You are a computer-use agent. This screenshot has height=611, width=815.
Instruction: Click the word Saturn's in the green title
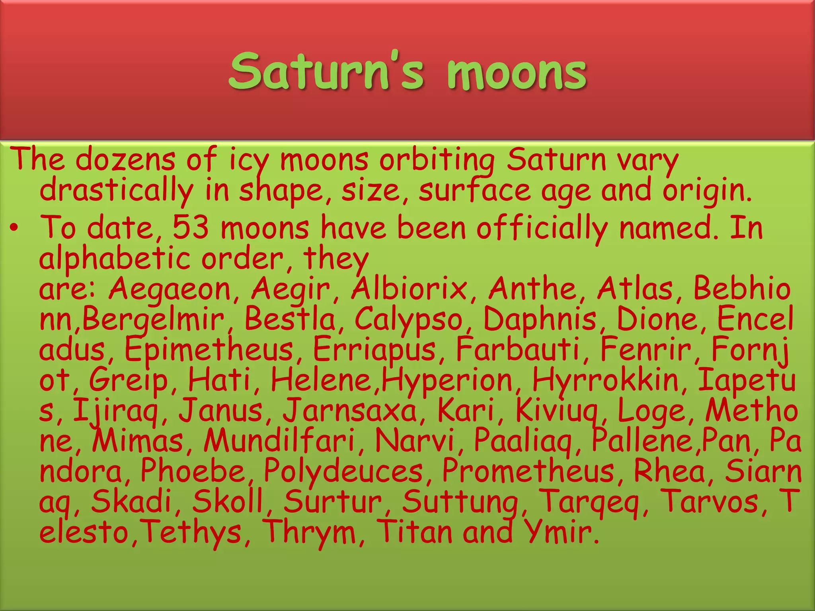click(x=326, y=72)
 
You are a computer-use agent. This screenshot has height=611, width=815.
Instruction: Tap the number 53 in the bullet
click(x=191, y=228)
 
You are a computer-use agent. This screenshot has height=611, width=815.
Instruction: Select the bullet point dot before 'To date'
click(x=14, y=228)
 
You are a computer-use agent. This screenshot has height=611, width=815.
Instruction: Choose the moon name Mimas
click(x=138, y=440)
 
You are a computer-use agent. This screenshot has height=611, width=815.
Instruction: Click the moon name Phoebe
click(x=193, y=471)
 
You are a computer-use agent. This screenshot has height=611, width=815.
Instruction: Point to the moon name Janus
click(x=220, y=411)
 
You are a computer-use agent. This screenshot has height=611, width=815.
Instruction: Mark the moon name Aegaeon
click(x=170, y=289)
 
